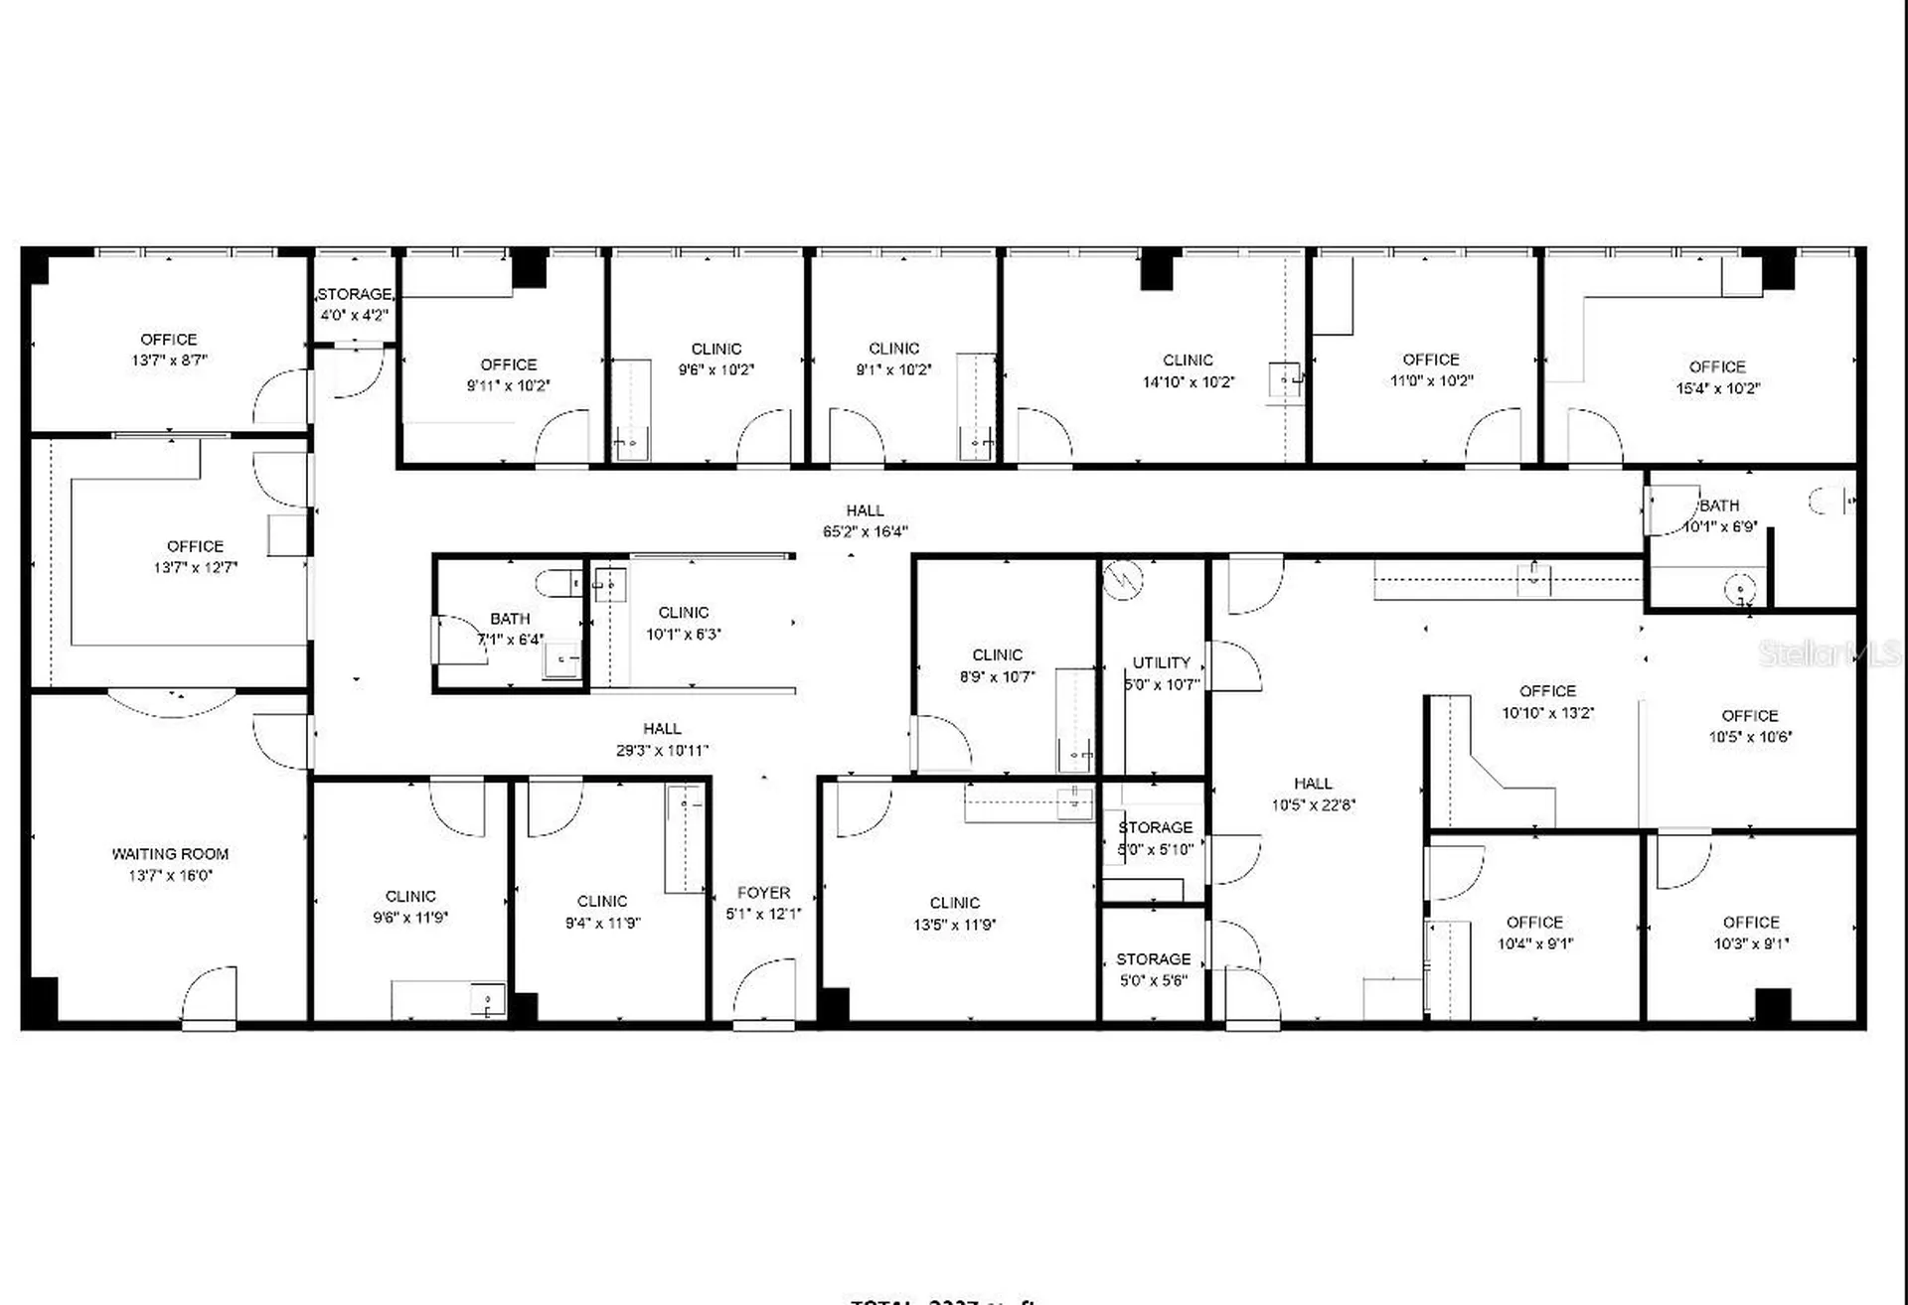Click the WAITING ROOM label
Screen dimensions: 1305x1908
pos(170,854)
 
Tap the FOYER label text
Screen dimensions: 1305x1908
pos(763,893)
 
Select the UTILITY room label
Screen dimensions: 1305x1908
pos(1161,662)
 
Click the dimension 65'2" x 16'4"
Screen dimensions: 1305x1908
pos(865,532)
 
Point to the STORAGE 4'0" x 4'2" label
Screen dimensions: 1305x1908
pos(354,295)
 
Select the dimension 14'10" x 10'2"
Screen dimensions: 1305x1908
pos(1188,381)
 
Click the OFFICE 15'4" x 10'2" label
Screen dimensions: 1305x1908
pos(1717,366)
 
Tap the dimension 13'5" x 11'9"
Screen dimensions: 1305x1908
pos(954,925)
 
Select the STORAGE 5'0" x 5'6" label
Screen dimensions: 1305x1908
pos(1153,959)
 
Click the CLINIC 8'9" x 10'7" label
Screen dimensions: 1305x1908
pos(997,655)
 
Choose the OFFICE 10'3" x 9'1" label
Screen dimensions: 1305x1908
pos(1751,923)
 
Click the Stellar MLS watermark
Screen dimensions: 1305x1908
pos(1828,652)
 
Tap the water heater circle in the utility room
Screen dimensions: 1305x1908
pos(1123,579)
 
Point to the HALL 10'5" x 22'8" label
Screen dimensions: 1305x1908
pos(1313,784)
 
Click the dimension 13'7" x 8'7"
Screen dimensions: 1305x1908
pos(169,361)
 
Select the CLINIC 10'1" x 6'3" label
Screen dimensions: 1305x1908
pos(684,613)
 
